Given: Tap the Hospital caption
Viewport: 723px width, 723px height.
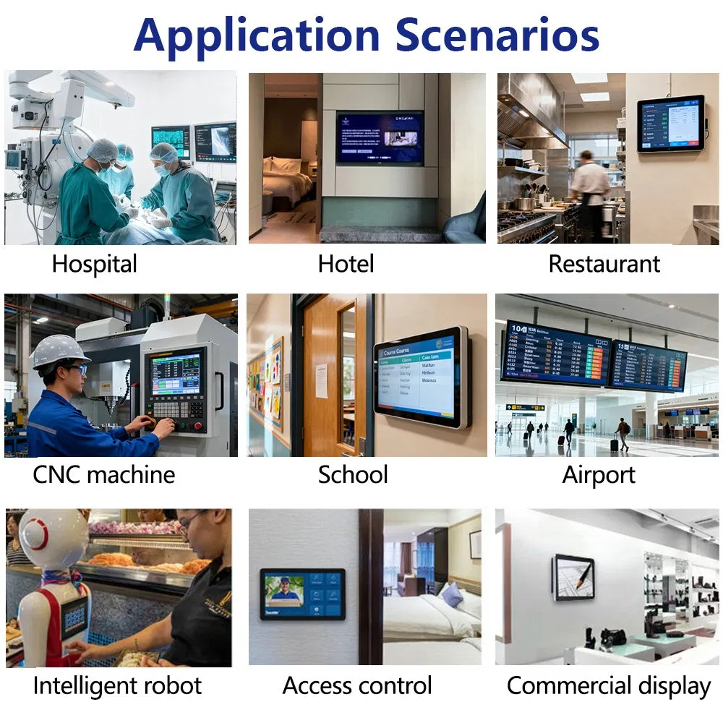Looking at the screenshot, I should tap(94, 264).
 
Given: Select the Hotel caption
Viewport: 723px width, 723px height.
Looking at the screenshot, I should tap(346, 264).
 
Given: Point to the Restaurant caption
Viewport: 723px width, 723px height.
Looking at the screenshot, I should tap(604, 264).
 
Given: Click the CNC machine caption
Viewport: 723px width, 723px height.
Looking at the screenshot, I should tap(103, 475).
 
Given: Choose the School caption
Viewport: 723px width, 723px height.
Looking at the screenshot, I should tap(353, 475).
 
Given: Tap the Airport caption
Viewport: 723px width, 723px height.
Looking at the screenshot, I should tap(599, 475).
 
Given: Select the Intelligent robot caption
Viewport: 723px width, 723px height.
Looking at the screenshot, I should tap(117, 685).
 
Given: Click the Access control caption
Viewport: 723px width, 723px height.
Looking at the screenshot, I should tap(357, 685).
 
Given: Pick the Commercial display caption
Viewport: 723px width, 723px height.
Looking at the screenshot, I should tap(609, 685).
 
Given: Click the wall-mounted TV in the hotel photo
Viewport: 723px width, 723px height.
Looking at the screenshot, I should tap(380, 137).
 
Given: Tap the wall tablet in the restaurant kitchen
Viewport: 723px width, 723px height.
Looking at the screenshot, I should tap(670, 123).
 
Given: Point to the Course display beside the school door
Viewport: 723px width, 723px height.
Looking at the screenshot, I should tap(421, 376).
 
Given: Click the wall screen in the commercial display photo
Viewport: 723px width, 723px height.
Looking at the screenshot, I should tap(573, 577).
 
